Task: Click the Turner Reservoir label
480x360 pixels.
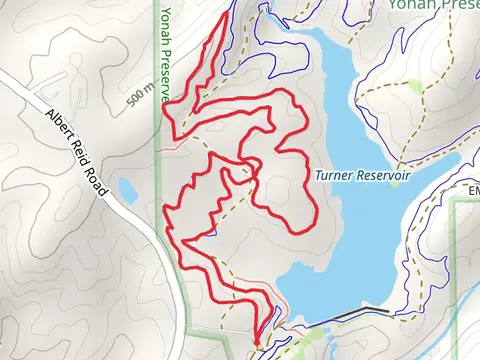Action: tap(361, 175)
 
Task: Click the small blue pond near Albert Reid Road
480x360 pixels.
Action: tap(127, 189)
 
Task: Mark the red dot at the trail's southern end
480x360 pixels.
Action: tap(257, 344)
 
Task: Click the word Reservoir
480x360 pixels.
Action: tap(379, 175)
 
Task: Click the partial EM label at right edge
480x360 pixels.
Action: tap(473, 190)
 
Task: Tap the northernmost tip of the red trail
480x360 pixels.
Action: tap(223, 17)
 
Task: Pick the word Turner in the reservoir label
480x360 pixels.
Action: tap(332, 175)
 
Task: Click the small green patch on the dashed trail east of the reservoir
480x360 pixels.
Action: tap(413, 87)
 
